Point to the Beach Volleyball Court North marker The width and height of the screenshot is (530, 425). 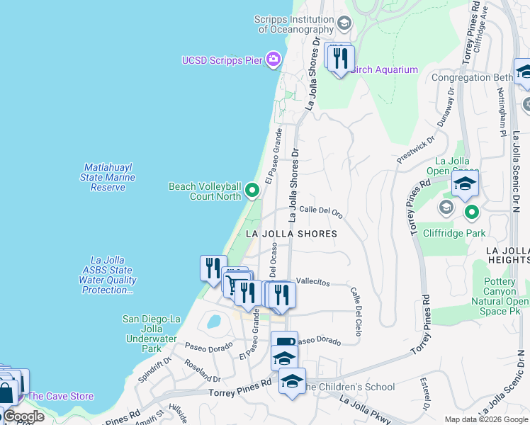pyautogui.click(x=252, y=190)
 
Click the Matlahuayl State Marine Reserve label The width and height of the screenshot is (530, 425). pyautogui.click(x=108, y=177)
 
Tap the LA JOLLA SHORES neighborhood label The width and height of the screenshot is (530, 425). pyautogui.click(x=291, y=233)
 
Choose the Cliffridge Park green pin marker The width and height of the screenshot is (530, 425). pyautogui.click(x=470, y=211)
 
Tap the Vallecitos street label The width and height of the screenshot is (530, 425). pyautogui.click(x=312, y=282)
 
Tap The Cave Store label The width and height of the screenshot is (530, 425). pyautogui.click(x=60, y=396)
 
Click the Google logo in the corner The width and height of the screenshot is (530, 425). pyautogui.click(x=23, y=416)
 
